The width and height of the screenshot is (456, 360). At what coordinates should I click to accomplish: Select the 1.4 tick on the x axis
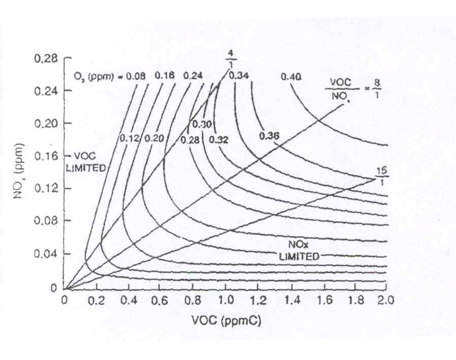[x=290, y=300]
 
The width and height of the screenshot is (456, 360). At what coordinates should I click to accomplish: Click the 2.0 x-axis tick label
[x=386, y=300]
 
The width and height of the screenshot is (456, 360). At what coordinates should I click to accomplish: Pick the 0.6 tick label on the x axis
[x=161, y=300]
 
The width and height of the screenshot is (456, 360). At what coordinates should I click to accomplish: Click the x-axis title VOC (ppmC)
[x=226, y=321]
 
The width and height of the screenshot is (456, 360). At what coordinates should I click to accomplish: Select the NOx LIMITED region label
[x=299, y=250]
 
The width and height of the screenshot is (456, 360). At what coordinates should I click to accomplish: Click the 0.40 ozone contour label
[x=290, y=77]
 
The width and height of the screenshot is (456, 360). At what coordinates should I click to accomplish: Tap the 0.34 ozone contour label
[x=238, y=76]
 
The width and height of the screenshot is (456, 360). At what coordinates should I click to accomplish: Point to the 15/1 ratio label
[x=380, y=174]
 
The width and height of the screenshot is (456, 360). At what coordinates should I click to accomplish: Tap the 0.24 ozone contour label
[x=194, y=76]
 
